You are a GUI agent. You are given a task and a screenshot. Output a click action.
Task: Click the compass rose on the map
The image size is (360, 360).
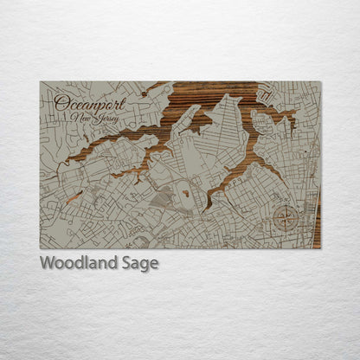284,217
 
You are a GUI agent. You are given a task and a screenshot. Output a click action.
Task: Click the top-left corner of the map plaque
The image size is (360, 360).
41,82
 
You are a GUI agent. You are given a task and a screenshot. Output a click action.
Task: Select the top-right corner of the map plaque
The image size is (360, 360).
320,82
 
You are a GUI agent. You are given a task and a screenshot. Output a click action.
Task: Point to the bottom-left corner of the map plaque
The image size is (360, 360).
41,247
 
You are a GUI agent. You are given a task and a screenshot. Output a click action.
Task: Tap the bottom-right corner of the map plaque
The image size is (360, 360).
320,247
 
